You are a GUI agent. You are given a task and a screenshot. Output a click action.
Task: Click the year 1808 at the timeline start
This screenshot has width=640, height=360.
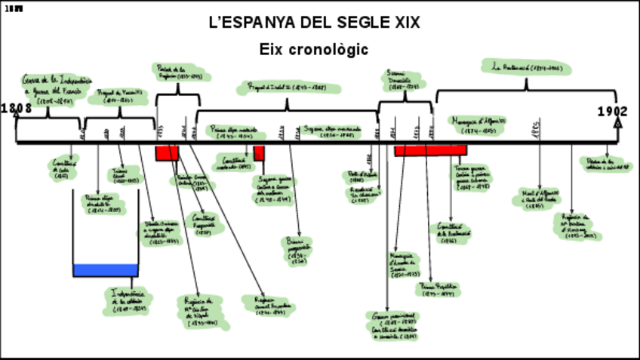[16, 109]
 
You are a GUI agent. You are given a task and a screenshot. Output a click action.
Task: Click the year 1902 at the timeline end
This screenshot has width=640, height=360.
[612, 112]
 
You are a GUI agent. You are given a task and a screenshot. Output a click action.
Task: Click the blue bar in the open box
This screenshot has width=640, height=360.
[106, 269]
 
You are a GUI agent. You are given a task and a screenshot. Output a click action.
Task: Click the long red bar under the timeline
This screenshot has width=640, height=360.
[430, 150]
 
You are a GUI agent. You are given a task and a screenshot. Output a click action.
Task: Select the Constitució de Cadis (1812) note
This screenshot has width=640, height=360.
[63, 170]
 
